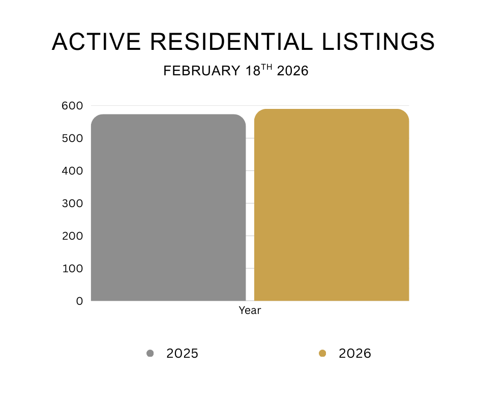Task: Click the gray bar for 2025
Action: pos(168,208)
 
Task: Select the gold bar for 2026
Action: pos(332,205)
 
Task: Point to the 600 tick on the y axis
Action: pos(72,106)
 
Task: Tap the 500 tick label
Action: pos(72,138)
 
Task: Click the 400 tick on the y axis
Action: pos(72,171)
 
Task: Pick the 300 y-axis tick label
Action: pos(72,204)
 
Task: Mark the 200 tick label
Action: pos(72,236)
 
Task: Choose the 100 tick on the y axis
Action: pos(73,269)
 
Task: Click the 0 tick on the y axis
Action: pos(79,301)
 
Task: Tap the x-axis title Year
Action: pos(250,310)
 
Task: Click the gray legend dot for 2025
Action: pos(150,353)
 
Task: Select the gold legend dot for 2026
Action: pos(322,353)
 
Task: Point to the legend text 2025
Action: pos(182,353)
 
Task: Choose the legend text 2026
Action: pos(355,353)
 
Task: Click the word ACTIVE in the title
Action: pos(96,42)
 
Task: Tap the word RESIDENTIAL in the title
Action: pos(232,42)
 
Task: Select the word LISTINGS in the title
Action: pos(378,42)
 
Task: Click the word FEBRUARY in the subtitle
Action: pos(202,71)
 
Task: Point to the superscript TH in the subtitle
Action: pos(267,67)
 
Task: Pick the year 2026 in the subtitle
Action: pos(293,71)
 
